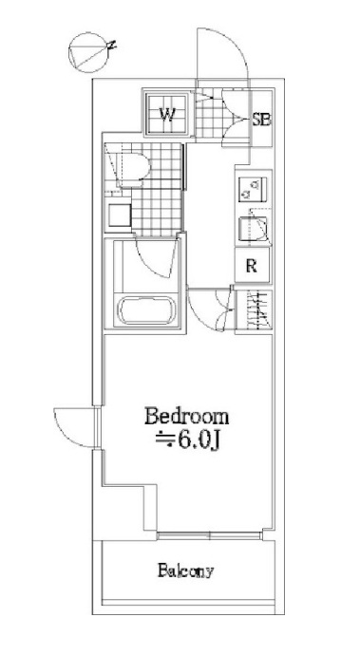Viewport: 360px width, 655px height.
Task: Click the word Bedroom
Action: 187,417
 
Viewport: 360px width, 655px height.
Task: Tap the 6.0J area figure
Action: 193,440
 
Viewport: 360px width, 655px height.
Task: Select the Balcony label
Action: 185,571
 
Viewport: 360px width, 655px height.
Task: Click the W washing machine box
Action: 167,113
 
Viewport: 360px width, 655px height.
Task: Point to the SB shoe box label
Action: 261,120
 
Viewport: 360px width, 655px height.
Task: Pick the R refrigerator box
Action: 252,265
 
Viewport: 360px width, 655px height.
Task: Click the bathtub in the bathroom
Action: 145,309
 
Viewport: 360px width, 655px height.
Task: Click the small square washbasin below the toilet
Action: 119,215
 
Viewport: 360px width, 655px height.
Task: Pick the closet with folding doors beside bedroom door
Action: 255,310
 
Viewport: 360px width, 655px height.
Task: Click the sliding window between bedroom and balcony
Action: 210,535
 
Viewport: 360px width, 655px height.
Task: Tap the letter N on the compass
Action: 111,46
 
